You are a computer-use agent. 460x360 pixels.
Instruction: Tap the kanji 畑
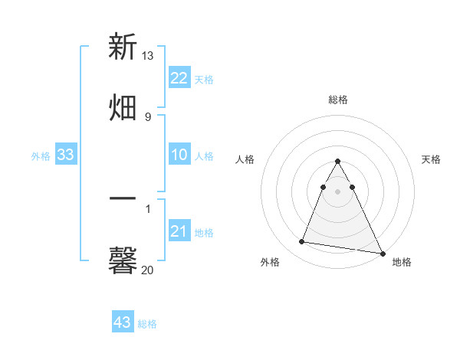[x=123, y=106]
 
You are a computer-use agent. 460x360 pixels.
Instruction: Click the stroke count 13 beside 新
[x=148, y=56]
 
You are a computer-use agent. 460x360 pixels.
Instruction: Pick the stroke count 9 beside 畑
[x=147, y=116]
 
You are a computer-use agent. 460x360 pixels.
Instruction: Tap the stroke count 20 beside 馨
[x=148, y=270]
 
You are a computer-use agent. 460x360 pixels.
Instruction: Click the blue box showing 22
[x=179, y=78]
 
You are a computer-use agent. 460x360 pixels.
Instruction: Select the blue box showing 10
[x=179, y=155]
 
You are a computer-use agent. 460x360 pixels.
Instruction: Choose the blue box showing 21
[x=179, y=231]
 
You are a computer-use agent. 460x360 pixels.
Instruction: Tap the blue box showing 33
[x=65, y=155]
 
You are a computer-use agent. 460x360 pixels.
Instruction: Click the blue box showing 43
[x=122, y=322]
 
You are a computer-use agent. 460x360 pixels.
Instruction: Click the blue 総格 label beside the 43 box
[x=147, y=324]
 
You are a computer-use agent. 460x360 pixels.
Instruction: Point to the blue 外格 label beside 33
[x=41, y=156]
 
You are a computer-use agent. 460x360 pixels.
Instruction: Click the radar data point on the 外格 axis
[x=302, y=242]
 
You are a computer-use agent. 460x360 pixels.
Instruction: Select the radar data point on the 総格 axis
[x=337, y=162]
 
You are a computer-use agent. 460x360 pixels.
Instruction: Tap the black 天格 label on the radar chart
[x=431, y=159]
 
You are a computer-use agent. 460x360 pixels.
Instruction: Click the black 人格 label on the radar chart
[x=245, y=159]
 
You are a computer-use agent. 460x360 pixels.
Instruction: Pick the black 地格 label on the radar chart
[x=402, y=262]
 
